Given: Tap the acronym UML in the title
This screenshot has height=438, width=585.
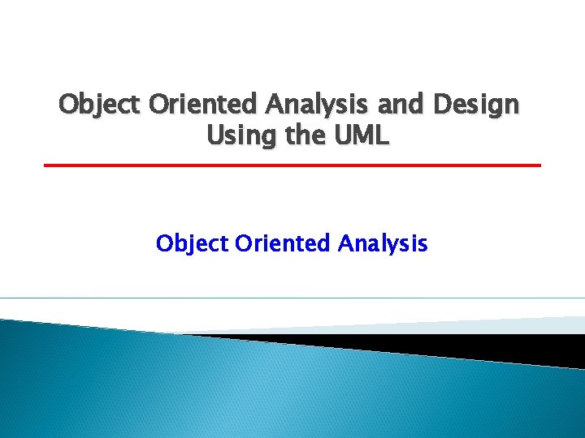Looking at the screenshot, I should coord(362,135).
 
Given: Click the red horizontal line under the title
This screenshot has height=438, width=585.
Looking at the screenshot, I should coord(292,165).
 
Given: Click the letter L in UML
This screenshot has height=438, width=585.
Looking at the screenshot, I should coord(383,135).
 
